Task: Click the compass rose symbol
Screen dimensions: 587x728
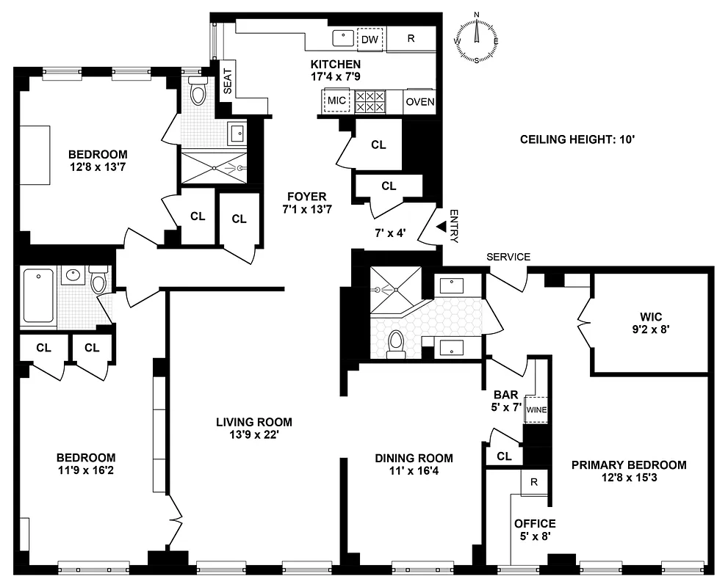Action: (x=477, y=38)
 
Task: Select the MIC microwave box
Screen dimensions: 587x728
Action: (x=337, y=101)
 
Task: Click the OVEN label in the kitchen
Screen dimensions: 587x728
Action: (x=419, y=101)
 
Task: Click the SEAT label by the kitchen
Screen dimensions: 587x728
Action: (x=227, y=82)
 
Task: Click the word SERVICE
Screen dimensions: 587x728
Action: (x=508, y=257)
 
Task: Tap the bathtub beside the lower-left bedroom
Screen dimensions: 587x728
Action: (x=38, y=297)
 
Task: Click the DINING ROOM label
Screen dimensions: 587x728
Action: (x=414, y=458)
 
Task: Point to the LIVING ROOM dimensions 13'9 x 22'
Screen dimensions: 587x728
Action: (x=253, y=434)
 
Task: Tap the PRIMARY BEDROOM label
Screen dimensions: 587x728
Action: (x=629, y=464)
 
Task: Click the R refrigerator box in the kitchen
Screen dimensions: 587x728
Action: (x=411, y=39)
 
